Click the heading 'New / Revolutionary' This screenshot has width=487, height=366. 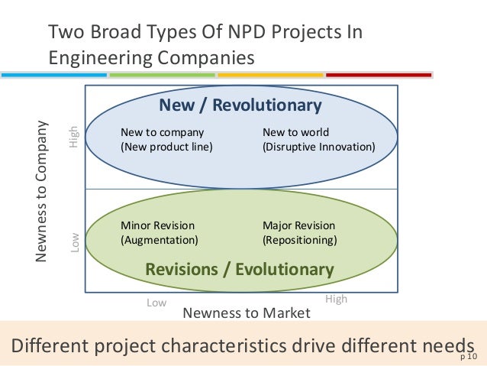[x=240, y=105]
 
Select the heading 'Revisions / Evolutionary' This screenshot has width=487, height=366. [x=239, y=269]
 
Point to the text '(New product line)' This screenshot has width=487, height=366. [x=166, y=147]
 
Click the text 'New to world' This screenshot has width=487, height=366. [x=295, y=132]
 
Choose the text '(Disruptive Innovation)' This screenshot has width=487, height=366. [x=318, y=147]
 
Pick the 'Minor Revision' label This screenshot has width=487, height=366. [x=157, y=225]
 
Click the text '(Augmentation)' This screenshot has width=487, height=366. [x=160, y=240]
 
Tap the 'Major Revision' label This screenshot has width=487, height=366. [x=298, y=225]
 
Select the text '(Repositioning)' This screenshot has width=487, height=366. [x=300, y=240]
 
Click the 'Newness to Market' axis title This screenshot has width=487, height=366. [x=247, y=313]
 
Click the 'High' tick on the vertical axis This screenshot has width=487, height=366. [x=74, y=137]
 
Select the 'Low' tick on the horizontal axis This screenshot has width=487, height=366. [x=156, y=303]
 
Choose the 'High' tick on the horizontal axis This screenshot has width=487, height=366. [x=336, y=299]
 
